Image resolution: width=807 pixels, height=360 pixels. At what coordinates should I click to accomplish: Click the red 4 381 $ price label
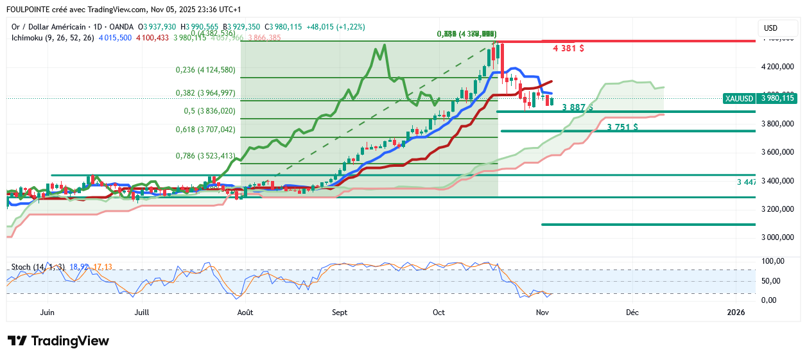568,48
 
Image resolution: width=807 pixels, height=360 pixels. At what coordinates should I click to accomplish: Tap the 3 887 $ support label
577,107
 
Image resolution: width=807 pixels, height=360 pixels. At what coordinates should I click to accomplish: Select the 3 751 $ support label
622,127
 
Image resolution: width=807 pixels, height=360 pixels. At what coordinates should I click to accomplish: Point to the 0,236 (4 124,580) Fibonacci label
205,70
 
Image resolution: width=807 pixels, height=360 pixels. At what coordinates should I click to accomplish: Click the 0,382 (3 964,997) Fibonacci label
205,93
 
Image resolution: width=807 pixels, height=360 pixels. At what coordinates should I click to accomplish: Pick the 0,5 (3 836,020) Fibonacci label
210,110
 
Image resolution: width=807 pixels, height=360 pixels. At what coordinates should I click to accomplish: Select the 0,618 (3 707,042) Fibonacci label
205,129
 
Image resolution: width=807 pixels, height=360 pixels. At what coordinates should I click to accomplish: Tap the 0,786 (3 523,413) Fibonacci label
205,155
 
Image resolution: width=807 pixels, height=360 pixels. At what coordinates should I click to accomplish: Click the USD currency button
770,28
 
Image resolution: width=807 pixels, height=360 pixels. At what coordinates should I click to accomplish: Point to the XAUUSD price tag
759,98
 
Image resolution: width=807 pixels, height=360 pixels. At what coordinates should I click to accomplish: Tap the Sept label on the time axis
340,313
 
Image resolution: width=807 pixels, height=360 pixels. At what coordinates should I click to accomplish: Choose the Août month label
245,313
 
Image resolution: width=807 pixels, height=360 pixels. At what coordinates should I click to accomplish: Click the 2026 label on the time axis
735,313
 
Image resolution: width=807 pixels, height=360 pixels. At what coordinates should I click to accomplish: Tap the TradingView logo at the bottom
58,341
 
